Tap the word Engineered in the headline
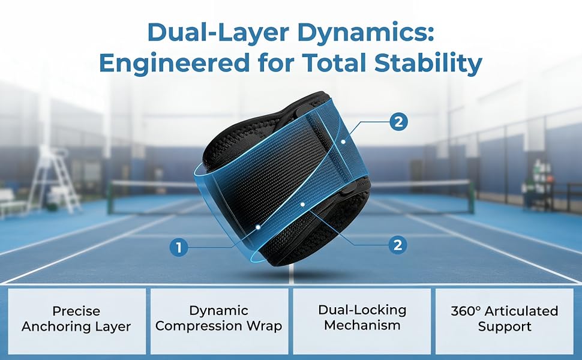174,64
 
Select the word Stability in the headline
428,64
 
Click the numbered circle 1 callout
179,247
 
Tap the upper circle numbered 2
398,122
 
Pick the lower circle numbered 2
398,245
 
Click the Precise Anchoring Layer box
77,321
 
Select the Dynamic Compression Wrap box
219,321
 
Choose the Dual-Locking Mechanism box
362,321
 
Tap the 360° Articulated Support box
505,321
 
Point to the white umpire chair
55,179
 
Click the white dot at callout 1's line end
257,226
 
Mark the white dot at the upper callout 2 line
344,142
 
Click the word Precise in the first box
76,311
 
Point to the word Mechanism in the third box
362,325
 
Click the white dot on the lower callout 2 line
303,205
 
